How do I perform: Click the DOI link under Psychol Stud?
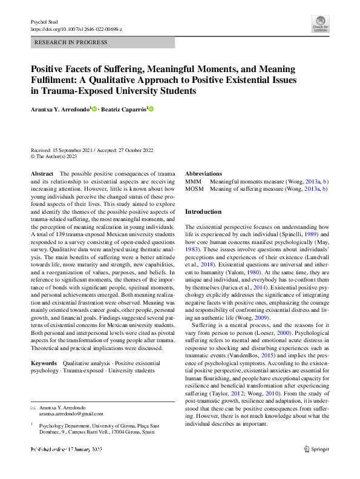coord(76,28)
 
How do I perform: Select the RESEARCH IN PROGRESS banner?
coord(102,42)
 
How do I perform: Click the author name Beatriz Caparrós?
coord(122,109)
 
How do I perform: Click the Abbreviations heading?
coord(203,173)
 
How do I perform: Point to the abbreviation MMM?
coord(193,181)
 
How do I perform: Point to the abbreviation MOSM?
coord(194,189)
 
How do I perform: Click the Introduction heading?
coord(203,212)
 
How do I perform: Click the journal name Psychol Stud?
coord(43,21)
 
